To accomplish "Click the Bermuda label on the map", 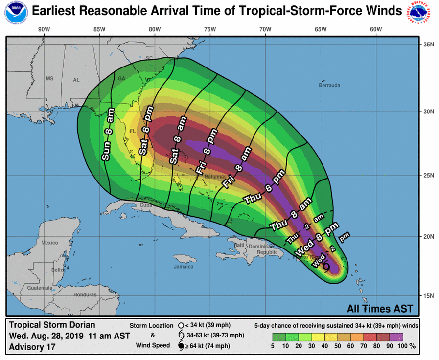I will tap(329, 86).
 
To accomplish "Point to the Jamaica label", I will tap(183, 267).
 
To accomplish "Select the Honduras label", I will tap(85, 295).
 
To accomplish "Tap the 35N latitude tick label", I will tap(429, 45).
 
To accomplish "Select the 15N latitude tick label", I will tap(429, 295).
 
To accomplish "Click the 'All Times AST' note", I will tap(380, 309).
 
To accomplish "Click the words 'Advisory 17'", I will tap(32, 347).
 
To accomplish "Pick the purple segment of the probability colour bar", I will tap(396, 337).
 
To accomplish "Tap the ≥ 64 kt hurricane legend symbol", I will tap(181, 346).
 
